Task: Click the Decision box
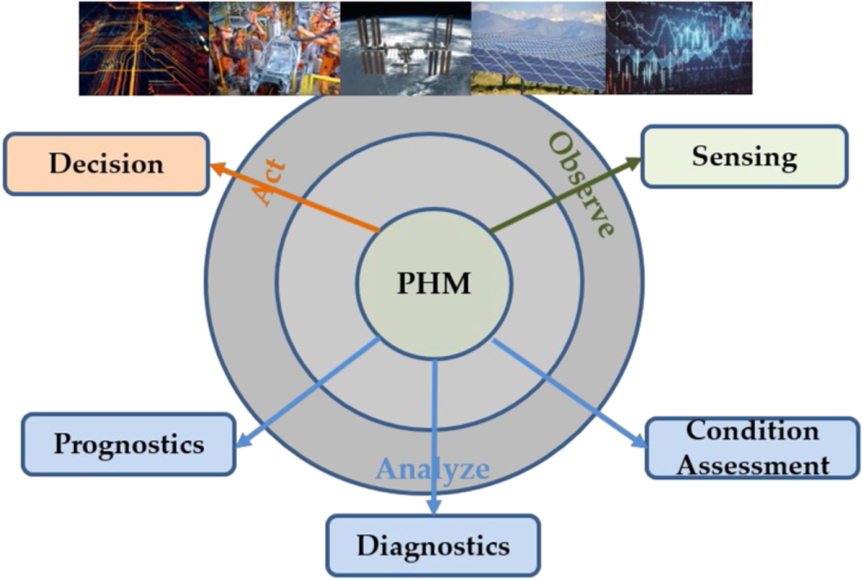(106, 163)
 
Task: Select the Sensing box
(745, 157)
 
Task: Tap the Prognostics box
(128, 444)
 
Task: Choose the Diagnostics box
(433, 545)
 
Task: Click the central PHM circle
(434, 283)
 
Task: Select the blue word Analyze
(432, 470)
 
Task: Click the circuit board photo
(144, 47)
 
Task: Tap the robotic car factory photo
(275, 47)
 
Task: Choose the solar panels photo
(538, 47)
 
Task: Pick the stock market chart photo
(678, 47)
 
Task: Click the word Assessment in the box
(753, 466)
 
